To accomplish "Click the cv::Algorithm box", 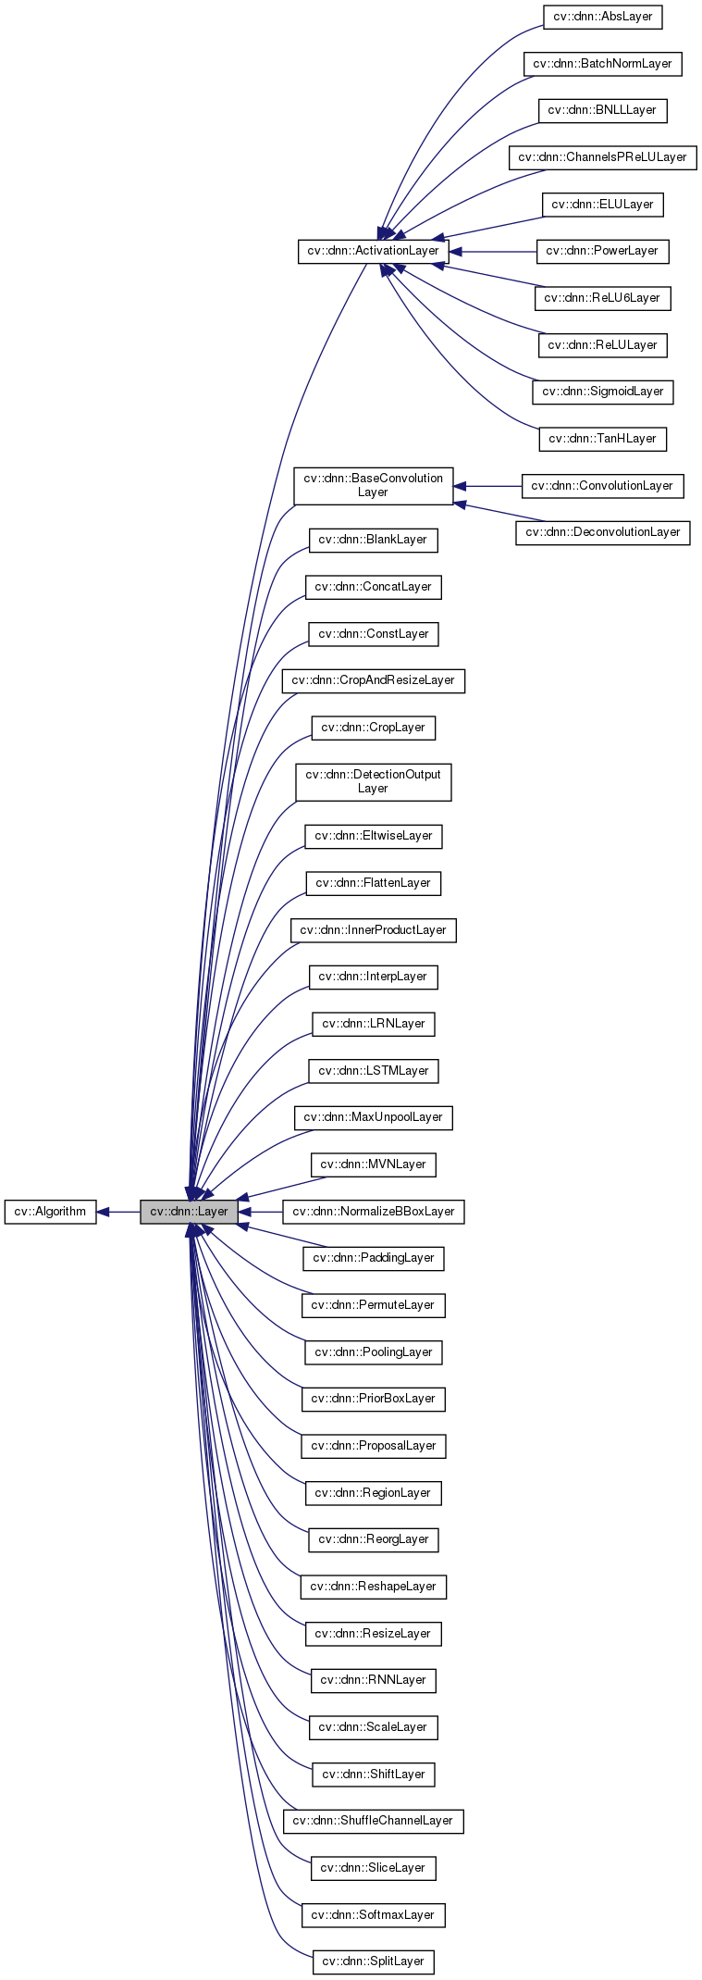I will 50,1211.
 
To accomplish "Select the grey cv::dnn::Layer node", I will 189,1211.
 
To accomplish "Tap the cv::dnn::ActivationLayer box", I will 373,251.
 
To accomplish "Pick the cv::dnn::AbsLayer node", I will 602,17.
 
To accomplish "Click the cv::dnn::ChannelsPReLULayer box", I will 602,156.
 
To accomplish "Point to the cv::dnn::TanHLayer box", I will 602,438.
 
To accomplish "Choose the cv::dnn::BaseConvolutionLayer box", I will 373,485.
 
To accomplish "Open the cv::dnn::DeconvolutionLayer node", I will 602,532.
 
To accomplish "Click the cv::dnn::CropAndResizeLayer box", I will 373,680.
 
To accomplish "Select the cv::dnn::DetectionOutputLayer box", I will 373,781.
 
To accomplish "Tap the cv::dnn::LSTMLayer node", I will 373,1071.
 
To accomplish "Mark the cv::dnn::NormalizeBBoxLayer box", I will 373,1211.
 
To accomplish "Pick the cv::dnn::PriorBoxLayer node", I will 373,1398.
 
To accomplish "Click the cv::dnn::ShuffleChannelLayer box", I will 373,1820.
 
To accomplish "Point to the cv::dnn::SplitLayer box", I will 373,1961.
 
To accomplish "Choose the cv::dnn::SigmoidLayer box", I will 602,391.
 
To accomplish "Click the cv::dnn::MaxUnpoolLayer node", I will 373,1117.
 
